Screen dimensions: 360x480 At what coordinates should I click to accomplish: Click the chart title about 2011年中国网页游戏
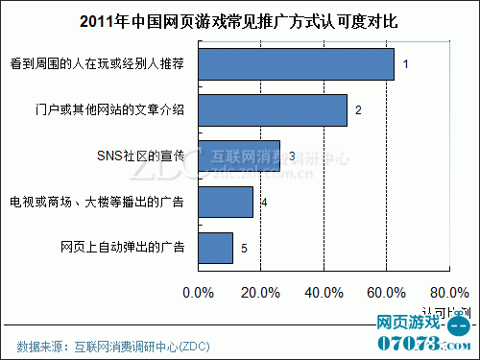(x=239, y=20)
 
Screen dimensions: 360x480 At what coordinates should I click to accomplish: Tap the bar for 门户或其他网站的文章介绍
(x=273, y=109)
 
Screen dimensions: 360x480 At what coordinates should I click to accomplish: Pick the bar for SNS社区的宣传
(x=239, y=156)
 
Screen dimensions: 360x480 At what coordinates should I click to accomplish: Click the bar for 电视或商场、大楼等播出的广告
(x=226, y=202)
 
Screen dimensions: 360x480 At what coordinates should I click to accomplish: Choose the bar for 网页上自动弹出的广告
(x=215, y=248)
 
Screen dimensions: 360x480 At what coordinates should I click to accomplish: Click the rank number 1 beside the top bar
(x=406, y=65)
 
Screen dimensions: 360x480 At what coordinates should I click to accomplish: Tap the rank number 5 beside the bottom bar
(x=244, y=249)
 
